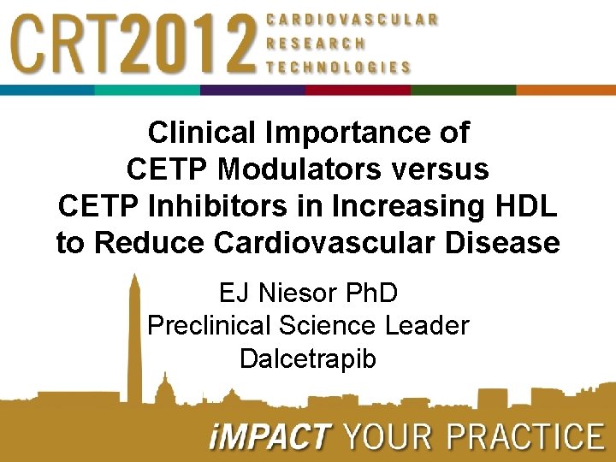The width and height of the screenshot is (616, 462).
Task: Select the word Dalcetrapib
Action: pyautogui.click(x=308, y=358)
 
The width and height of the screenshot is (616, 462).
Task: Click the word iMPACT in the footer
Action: pyautogui.click(x=269, y=437)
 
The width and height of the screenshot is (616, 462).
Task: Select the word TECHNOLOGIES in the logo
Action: pyautogui.click(x=339, y=67)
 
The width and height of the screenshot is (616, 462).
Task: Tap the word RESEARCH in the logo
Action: pyautogui.click(x=316, y=43)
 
